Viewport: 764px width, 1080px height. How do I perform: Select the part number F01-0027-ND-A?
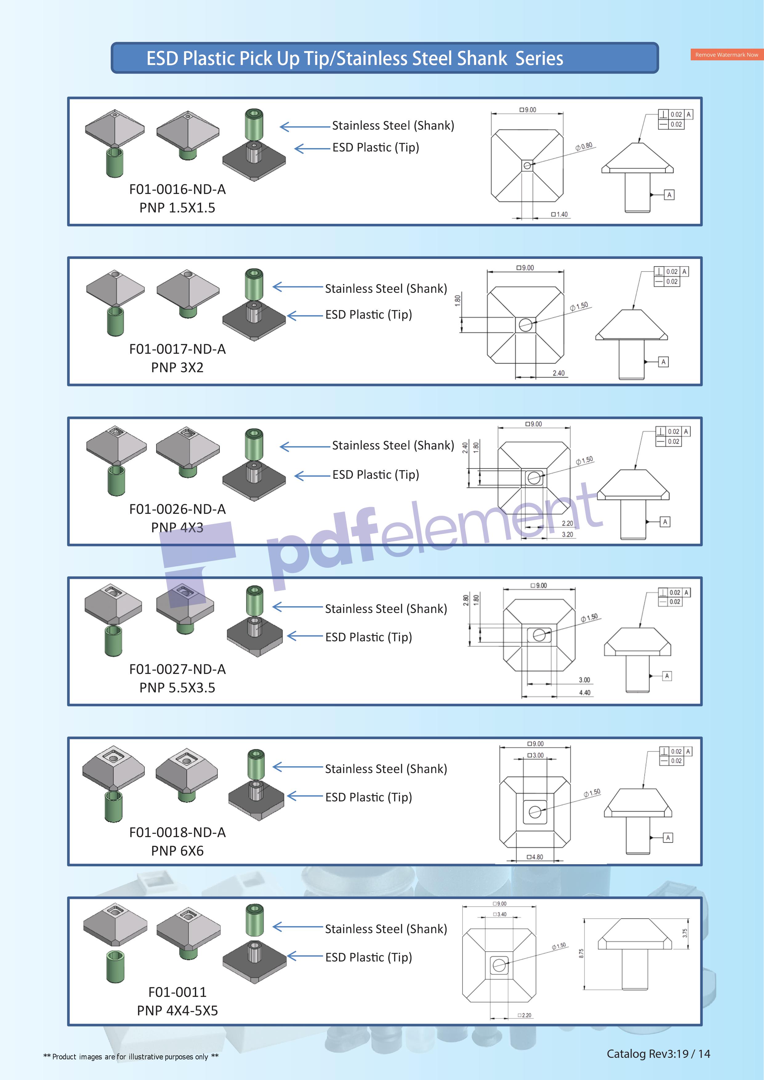[177, 669]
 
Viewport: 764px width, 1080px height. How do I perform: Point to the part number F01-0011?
[177, 992]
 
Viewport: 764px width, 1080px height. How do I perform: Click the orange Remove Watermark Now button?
[726, 54]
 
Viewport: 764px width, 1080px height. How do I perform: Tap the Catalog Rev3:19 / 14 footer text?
[658, 1054]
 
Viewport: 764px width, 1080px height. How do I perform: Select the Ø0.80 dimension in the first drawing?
[584, 146]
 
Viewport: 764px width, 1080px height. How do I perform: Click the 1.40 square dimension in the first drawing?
[560, 215]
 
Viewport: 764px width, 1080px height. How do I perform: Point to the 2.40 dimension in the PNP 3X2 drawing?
[558, 373]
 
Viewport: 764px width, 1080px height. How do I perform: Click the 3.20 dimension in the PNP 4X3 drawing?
[567, 534]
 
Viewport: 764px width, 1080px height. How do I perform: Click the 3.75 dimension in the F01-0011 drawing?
[685, 933]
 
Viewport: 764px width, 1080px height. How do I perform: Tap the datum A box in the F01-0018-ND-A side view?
[668, 837]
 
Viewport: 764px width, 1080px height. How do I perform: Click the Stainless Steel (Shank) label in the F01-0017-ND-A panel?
[386, 289]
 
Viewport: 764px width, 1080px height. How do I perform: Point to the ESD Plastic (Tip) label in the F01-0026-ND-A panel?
[375, 475]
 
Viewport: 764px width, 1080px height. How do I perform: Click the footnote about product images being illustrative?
[131, 1057]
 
